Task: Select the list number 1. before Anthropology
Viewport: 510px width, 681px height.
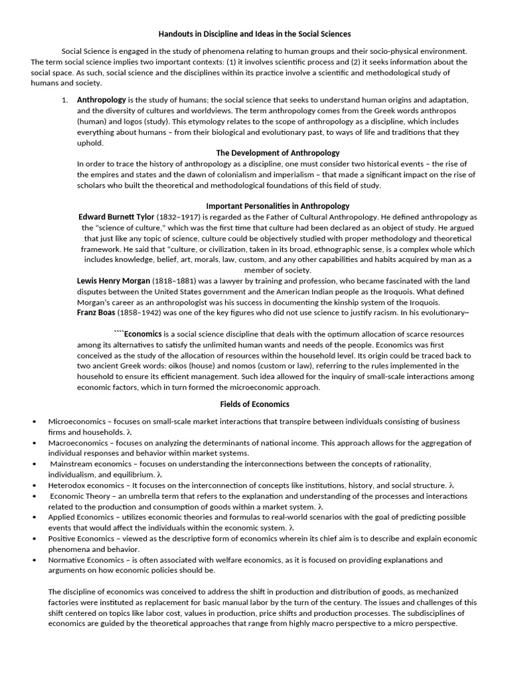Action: click(x=64, y=100)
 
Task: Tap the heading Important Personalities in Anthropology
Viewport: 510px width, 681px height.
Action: click(x=278, y=206)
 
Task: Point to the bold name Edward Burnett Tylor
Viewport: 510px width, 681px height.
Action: click(x=116, y=217)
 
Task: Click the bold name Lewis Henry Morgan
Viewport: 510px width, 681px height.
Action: click(x=113, y=281)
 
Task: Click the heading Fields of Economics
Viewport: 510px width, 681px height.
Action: click(x=254, y=404)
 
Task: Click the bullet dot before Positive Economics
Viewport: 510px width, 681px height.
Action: click(x=33, y=539)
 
